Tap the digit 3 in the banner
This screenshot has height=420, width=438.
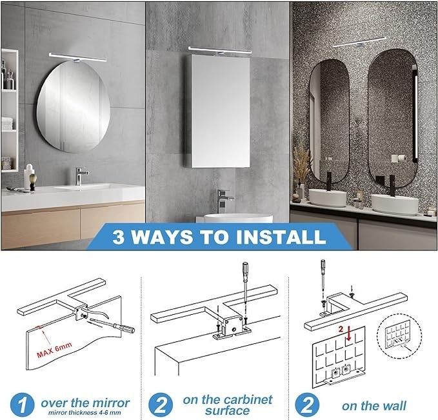[118, 237]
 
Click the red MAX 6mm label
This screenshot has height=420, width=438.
[54, 350]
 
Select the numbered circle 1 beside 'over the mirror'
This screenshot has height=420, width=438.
[22, 405]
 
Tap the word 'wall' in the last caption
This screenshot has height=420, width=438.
[394, 406]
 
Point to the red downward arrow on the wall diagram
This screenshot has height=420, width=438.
[348, 334]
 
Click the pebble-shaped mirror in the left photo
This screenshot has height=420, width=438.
[74, 106]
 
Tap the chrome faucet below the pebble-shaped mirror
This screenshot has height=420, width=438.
[81, 175]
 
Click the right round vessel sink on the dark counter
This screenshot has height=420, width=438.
[394, 204]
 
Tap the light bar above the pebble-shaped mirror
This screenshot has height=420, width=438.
[78, 58]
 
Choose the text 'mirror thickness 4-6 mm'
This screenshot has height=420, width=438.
[85, 412]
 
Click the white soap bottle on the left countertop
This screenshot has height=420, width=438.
[29, 176]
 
